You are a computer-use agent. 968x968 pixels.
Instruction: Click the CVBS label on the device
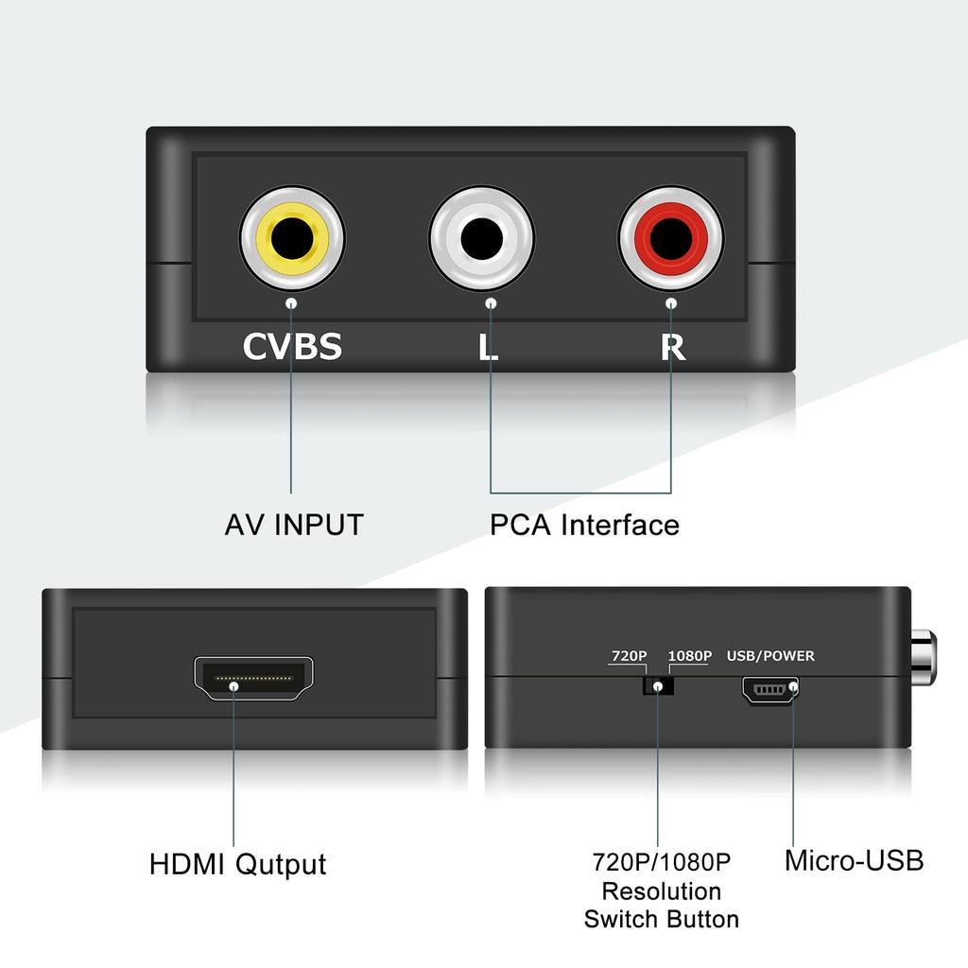(292, 347)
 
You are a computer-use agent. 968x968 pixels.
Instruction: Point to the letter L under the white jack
(488, 347)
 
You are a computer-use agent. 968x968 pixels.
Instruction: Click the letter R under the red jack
(672, 347)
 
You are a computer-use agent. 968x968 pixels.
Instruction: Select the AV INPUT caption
(294, 525)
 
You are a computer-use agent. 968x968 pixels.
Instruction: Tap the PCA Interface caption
(584, 525)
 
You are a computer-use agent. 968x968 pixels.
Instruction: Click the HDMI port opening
(253, 678)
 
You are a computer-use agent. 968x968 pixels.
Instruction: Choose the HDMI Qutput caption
(238, 864)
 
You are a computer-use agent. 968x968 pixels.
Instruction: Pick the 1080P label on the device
(689, 656)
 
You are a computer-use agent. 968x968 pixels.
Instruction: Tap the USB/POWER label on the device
(769, 656)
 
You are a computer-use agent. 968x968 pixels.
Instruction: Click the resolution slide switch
(659, 685)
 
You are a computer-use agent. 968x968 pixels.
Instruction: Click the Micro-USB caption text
(854, 860)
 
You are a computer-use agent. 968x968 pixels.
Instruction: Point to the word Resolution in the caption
(662, 890)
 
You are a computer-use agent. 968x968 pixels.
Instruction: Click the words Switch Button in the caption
(662, 919)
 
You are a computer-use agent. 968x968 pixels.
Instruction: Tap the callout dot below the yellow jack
(291, 303)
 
